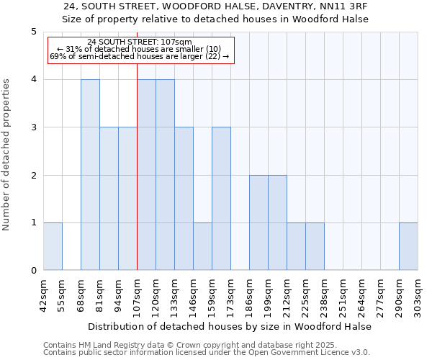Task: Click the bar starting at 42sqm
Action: tap(53, 246)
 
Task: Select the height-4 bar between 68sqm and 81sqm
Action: tap(90, 175)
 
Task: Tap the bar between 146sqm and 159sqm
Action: tap(202, 246)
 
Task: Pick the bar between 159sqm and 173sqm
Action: tap(221, 199)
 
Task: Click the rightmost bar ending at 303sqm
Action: tap(408, 246)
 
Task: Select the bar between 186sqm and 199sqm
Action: tap(258, 222)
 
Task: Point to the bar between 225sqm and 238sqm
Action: tap(315, 246)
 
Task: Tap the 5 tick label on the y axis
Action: tap(33, 32)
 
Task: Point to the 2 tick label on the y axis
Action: tap(33, 175)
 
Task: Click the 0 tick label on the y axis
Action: tap(33, 271)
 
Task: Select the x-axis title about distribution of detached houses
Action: tap(230, 326)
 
